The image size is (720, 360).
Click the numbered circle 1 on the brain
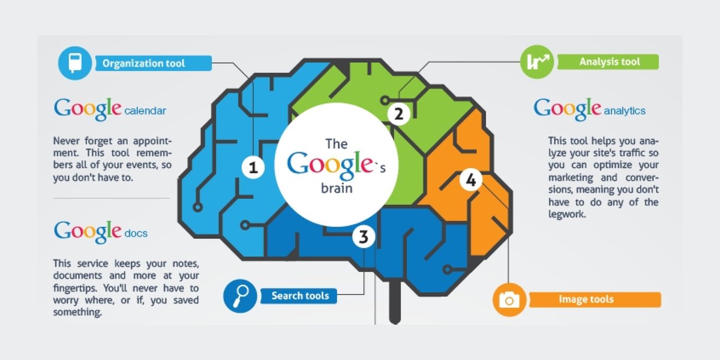[x=253, y=168]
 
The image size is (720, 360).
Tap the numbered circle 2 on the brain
[x=398, y=113]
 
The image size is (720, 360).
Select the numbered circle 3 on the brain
[x=363, y=237]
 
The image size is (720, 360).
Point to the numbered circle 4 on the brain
[x=470, y=180]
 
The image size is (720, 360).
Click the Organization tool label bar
[x=153, y=63]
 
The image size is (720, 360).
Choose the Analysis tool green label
[x=608, y=62]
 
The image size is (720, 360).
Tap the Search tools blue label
[x=299, y=296]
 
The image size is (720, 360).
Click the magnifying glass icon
[x=240, y=295]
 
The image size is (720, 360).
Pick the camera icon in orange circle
[x=509, y=299]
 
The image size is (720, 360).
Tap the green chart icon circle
[x=536, y=62]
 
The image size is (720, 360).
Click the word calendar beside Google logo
[x=145, y=111]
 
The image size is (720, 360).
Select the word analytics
[x=625, y=111]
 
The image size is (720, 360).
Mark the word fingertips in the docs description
[x=74, y=287]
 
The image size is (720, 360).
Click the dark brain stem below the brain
[x=395, y=303]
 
